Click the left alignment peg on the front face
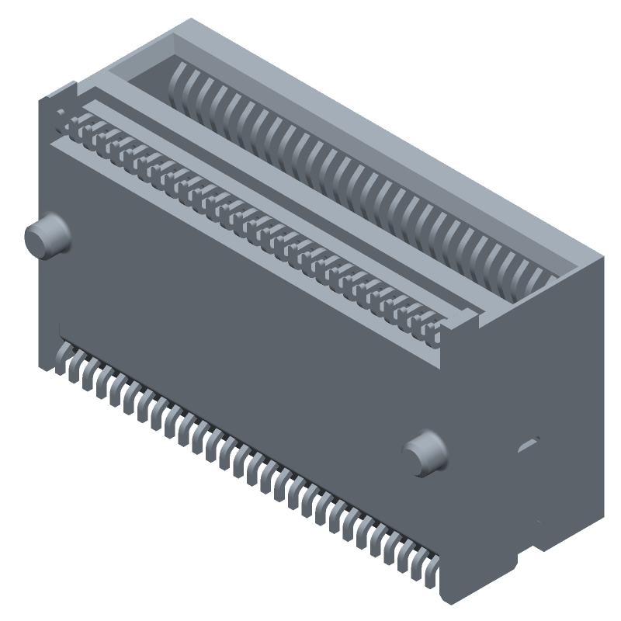click(x=47, y=236)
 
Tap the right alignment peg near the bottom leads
click(x=425, y=453)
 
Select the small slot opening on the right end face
click(x=529, y=444)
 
